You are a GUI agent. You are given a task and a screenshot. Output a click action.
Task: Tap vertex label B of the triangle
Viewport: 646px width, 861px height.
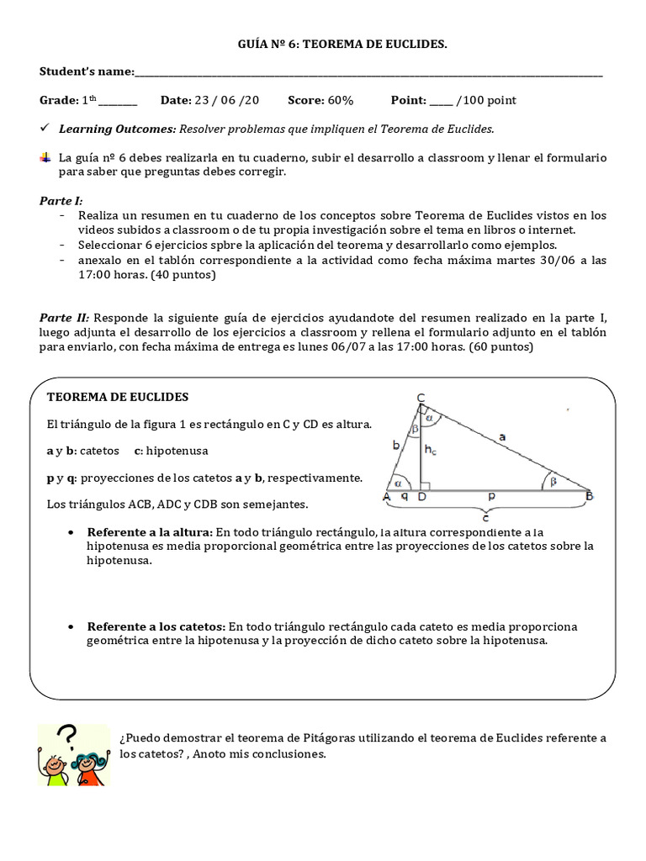click(x=590, y=497)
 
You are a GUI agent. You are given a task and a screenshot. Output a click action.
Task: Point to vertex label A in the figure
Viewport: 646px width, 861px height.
click(x=387, y=497)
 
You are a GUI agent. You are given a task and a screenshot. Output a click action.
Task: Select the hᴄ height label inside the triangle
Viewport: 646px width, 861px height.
click(x=430, y=452)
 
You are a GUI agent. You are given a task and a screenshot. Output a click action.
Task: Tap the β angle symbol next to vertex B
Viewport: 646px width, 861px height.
click(x=553, y=482)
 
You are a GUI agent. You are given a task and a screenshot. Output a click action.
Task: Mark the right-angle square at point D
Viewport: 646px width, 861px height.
click(x=425, y=485)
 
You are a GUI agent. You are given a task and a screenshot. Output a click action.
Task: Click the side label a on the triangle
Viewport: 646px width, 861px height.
click(x=502, y=436)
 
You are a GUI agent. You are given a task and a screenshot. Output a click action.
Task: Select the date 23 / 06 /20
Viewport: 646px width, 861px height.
click(x=226, y=101)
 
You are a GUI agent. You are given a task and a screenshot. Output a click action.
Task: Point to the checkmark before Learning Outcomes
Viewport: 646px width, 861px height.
click(x=45, y=129)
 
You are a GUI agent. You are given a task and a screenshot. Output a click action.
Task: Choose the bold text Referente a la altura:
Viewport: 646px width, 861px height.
click(x=150, y=532)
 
